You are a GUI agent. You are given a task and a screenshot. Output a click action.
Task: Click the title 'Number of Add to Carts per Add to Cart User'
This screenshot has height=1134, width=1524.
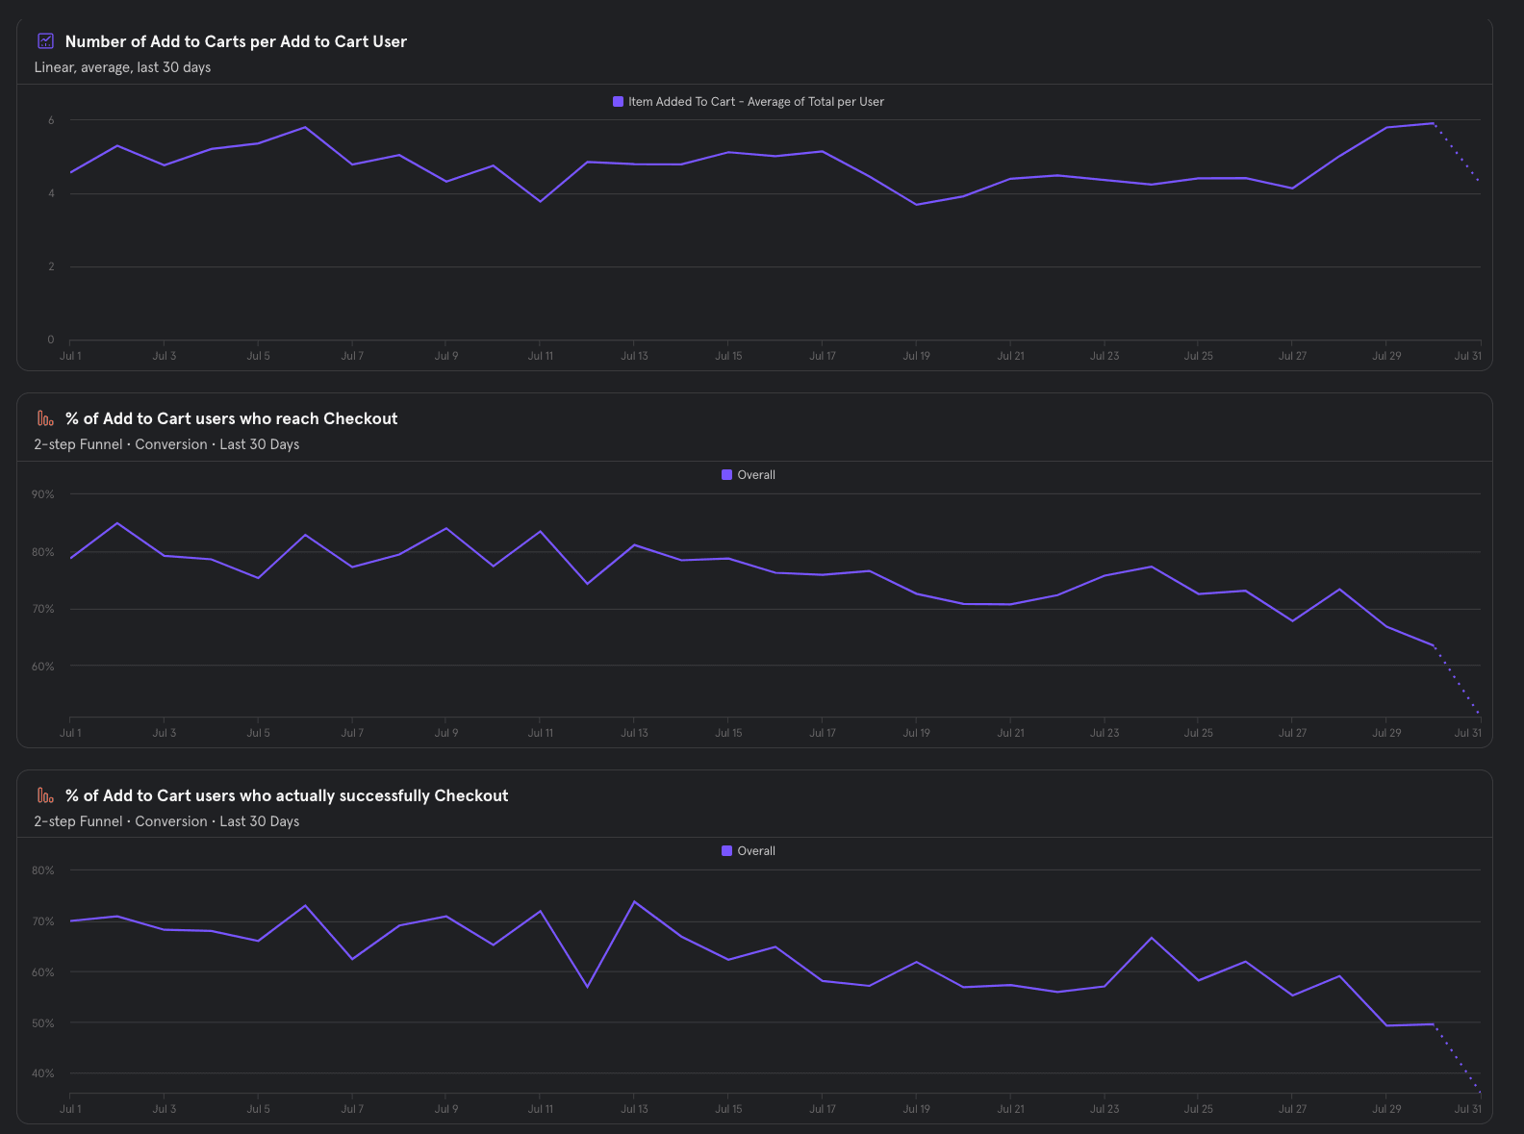click(x=236, y=41)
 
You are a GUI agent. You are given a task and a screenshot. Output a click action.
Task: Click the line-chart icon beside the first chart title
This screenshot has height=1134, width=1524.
click(x=45, y=40)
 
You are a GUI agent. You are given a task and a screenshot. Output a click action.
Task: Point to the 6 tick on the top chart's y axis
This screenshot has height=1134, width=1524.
click(x=51, y=120)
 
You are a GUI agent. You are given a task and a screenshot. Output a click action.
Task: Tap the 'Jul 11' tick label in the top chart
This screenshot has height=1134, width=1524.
click(x=540, y=356)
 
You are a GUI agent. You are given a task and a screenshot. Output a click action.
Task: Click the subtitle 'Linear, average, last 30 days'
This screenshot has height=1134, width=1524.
click(x=122, y=67)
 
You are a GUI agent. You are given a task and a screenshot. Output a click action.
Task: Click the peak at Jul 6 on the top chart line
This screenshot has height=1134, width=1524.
click(x=305, y=127)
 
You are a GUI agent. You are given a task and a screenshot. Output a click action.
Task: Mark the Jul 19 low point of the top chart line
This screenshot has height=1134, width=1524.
click(x=916, y=205)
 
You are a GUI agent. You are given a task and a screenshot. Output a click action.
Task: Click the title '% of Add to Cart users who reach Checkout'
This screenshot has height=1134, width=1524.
click(x=231, y=418)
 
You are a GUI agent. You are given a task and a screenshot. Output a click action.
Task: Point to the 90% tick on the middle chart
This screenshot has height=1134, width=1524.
click(x=43, y=494)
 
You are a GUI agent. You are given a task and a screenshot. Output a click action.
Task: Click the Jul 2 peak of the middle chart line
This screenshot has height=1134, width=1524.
click(x=117, y=523)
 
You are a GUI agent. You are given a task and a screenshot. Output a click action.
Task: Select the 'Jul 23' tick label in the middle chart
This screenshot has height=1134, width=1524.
click(x=1105, y=733)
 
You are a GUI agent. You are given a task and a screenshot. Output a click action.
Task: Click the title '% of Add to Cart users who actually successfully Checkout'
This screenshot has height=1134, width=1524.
click(x=286, y=795)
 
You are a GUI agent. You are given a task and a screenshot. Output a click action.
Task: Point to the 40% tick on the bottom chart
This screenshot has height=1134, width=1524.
click(x=43, y=1073)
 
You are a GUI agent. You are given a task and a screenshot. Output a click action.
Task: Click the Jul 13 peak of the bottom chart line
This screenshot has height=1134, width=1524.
click(x=634, y=901)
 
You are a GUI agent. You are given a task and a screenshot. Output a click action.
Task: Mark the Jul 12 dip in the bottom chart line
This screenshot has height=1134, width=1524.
click(x=587, y=987)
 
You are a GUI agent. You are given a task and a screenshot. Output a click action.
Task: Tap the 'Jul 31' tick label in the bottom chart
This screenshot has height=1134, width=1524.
click(x=1467, y=1109)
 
